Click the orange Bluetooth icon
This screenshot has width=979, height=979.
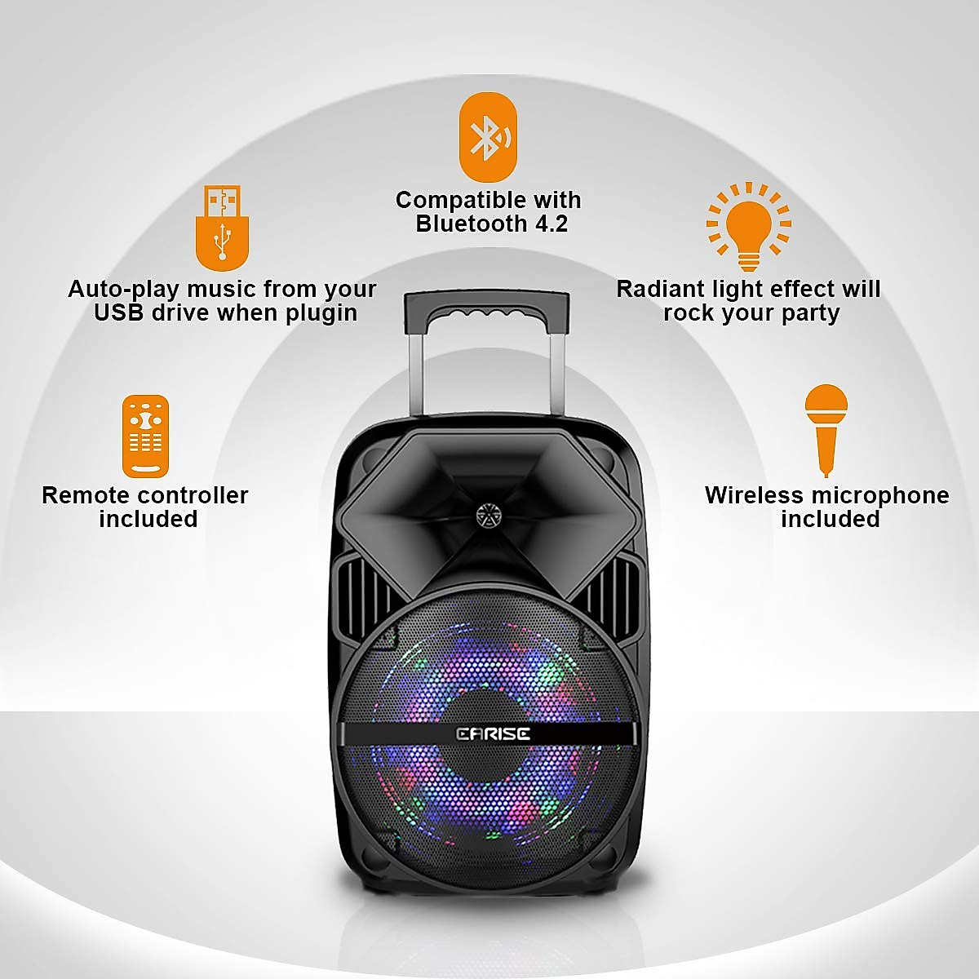coord(488,137)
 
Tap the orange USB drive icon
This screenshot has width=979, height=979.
coord(222,228)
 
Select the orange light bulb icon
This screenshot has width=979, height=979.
coord(749,226)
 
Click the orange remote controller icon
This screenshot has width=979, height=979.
coord(145,436)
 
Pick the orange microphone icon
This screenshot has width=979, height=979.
coord(826,429)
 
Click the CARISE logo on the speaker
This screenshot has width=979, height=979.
coord(493,734)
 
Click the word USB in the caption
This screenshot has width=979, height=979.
coord(119,313)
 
